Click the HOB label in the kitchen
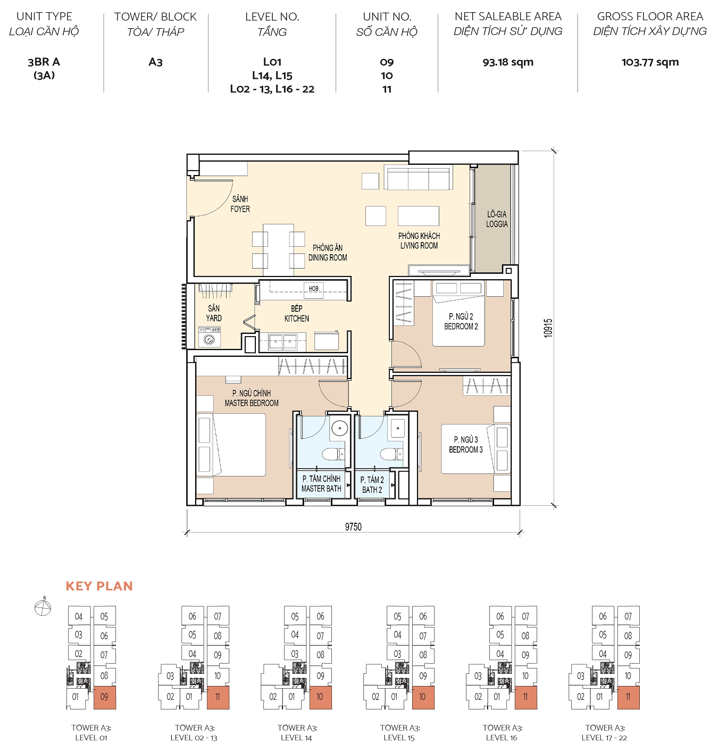coord(314,289)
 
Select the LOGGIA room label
coord(497,219)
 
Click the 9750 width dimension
coord(353,527)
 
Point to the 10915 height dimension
coord(548,328)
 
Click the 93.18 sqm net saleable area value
coord(508,62)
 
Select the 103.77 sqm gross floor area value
coord(650,62)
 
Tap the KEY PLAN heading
coord(99,586)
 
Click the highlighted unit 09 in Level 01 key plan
coord(104,697)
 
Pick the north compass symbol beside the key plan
coord(43,606)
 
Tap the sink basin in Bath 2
coord(397,428)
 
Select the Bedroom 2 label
coord(461,321)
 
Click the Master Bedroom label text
coord(252,398)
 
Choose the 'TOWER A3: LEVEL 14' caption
coord(297,732)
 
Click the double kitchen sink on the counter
coord(282,341)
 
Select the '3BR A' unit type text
coord(44,62)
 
